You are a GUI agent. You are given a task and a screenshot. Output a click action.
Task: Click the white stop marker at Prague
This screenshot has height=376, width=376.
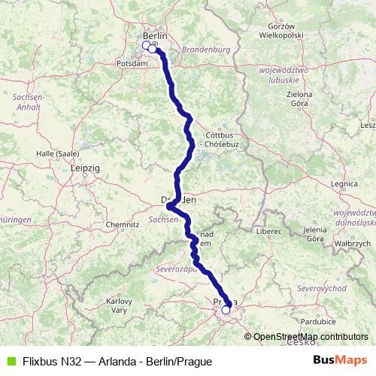226,309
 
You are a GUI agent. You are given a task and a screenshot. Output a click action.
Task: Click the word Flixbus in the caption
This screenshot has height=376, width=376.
40,361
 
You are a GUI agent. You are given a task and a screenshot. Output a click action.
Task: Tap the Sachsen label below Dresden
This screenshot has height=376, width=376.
162,219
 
